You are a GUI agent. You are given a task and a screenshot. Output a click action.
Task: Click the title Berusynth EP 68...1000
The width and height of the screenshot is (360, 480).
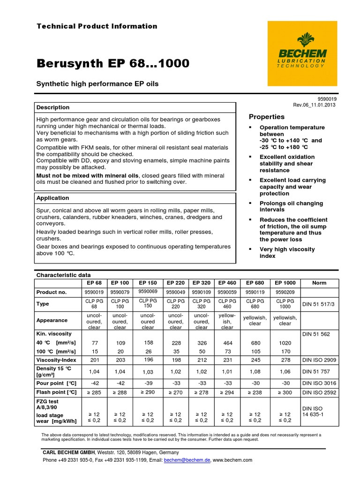113,63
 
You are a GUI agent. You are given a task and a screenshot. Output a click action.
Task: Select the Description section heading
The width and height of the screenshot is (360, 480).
53,107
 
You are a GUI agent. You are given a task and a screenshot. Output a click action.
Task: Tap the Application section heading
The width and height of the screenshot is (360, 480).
52,198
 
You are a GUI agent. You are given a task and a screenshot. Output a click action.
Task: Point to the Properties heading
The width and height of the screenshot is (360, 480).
266,117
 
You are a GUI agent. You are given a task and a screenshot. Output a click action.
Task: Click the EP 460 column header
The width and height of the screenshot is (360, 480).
227,283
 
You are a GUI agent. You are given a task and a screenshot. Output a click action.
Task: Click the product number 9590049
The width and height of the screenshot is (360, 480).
175,292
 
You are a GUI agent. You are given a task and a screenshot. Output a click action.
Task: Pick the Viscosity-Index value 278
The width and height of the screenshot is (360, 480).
285,360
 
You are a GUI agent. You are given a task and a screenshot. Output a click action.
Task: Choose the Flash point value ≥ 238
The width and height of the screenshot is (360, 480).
255,392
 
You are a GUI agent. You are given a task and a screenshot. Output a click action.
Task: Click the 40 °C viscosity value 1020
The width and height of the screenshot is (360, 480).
285,343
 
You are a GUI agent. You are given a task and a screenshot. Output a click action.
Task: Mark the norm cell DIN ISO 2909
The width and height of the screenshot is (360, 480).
319,360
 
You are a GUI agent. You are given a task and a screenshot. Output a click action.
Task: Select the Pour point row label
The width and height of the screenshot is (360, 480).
56,383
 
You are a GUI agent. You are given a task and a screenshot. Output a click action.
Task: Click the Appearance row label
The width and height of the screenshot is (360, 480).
52,320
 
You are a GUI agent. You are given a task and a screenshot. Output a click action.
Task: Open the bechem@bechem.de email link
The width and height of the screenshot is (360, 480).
187,460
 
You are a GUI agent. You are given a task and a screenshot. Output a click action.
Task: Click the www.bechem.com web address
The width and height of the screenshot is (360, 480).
233,460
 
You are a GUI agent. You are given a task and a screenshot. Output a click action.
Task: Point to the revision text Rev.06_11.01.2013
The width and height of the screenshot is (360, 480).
314,105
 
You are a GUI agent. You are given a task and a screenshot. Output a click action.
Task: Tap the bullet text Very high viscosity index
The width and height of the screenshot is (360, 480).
287,253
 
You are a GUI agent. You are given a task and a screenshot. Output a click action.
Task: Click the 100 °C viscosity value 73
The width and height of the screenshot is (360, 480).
227,351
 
